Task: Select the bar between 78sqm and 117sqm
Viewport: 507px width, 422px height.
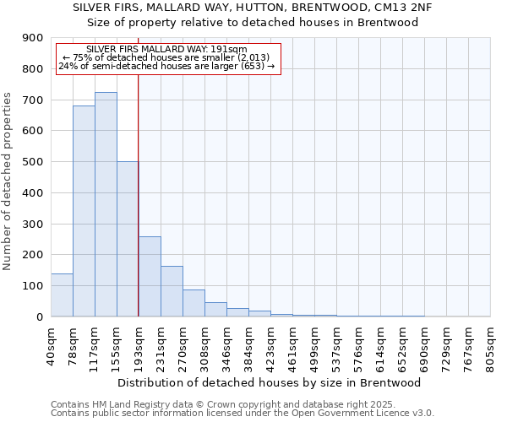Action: (84, 211)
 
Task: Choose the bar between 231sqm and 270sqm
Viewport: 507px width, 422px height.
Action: (172, 291)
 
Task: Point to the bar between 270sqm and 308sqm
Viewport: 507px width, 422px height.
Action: (194, 303)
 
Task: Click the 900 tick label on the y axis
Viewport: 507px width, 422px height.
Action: (33, 38)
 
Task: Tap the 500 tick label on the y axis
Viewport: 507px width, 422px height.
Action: (33, 162)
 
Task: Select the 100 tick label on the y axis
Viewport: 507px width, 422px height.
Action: (33, 286)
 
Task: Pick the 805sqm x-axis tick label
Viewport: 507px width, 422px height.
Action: (490, 344)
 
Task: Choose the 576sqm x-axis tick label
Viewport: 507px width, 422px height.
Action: (358, 344)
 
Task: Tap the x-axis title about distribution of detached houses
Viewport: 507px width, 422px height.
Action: (270, 382)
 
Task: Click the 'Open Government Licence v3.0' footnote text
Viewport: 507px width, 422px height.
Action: (365, 414)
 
